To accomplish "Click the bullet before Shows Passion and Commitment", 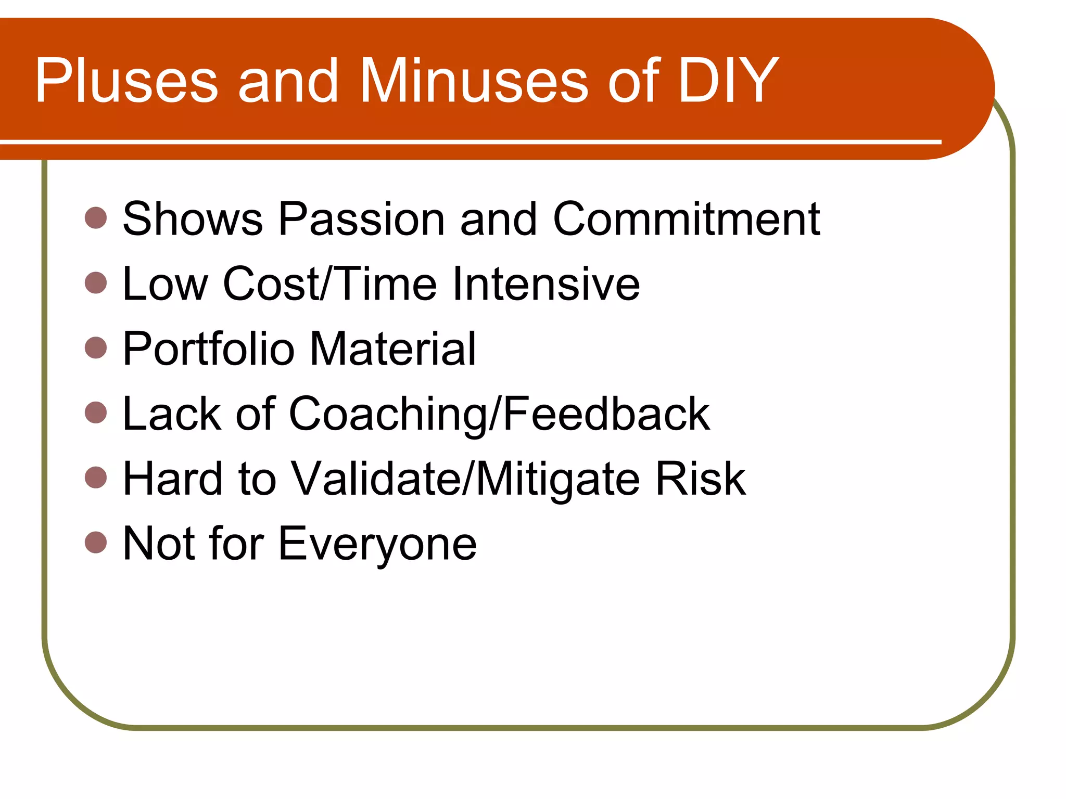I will click(96, 218).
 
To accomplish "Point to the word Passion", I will click(361, 220).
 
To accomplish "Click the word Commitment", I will click(686, 220).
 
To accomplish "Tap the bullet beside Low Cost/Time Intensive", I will click(96, 283).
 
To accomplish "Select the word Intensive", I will click(546, 284).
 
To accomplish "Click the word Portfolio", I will click(208, 349).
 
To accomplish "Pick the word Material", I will click(393, 349).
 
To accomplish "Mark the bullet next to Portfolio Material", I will click(96, 347).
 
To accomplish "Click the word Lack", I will click(172, 414).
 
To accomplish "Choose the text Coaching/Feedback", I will click(499, 414).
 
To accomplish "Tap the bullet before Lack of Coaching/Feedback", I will click(96, 413).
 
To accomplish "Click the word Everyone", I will click(377, 544).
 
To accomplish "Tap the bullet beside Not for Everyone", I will click(96, 542).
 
